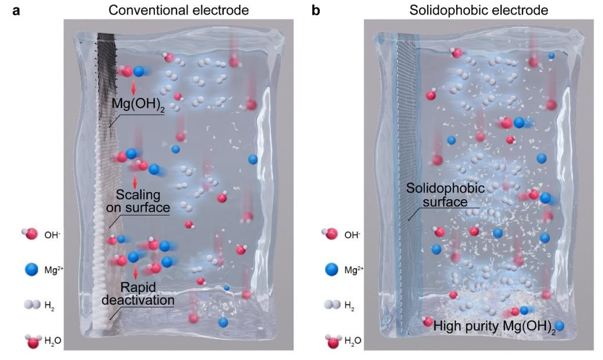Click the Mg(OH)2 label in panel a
click(138, 106)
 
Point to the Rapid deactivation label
click(144, 293)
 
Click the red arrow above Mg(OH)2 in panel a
click(133, 88)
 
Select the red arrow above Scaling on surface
click(135, 180)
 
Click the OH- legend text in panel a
click(52, 235)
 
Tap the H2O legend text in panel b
click(353, 340)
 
